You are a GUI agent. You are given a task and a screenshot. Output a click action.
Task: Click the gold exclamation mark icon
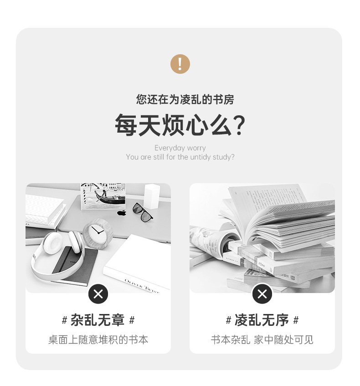[x=180, y=64]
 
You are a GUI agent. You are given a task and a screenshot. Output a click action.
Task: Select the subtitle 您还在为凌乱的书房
[x=185, y=99]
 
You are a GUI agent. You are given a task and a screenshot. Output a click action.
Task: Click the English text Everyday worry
[x=180, y=148]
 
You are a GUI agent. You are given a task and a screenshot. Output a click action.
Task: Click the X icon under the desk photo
[x=98, y=294]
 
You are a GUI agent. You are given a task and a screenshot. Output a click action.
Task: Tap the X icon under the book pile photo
[x=262, y=294]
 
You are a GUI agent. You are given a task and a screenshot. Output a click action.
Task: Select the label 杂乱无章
[x=98, y=320]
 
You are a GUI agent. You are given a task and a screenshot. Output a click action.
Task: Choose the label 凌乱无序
[x=262, y=320]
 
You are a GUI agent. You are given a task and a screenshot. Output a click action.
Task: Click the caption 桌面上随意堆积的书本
[x=98, y=340]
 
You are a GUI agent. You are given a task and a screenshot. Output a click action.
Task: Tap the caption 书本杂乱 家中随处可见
[x=262, y=340]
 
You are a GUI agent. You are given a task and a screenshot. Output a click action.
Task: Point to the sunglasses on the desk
[x=142, y=211]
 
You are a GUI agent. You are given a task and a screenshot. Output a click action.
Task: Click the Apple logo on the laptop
[x=121, y=213]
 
